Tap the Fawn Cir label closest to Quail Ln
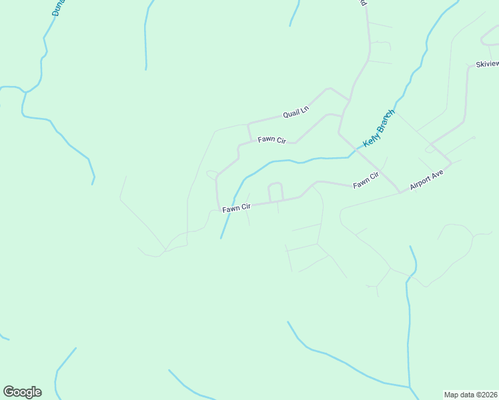tap(272, 140)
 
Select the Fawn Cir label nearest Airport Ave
tap(366, 179)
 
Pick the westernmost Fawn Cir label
tap(235, 209)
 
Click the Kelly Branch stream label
tap(379, 129)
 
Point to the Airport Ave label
tap(426, 180)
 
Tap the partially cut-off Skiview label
tap(486, 64)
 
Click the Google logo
tap(22, 392)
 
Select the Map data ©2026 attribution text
tap(470, 394)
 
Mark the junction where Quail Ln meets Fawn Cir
tap(249, 123)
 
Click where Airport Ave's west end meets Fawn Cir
tap(400, 193)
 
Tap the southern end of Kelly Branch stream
tap(221, 238)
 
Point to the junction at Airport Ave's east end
tap(451, 163)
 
